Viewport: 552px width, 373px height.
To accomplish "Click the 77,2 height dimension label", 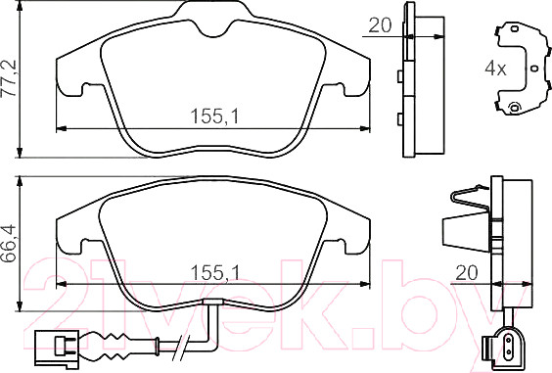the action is (x=9, y=78).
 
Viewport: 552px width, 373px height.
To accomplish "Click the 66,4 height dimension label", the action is (x=9, y=242).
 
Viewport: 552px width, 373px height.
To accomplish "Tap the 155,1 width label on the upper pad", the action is (x=214, y=117).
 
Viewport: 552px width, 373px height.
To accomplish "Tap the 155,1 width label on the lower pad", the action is (x=214, y=272).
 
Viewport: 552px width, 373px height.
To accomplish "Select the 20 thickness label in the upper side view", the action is (x=380, y=25).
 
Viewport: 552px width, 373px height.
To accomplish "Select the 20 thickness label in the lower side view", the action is (x=467, y=272).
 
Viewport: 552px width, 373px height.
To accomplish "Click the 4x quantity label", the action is (x=495, y=69).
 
